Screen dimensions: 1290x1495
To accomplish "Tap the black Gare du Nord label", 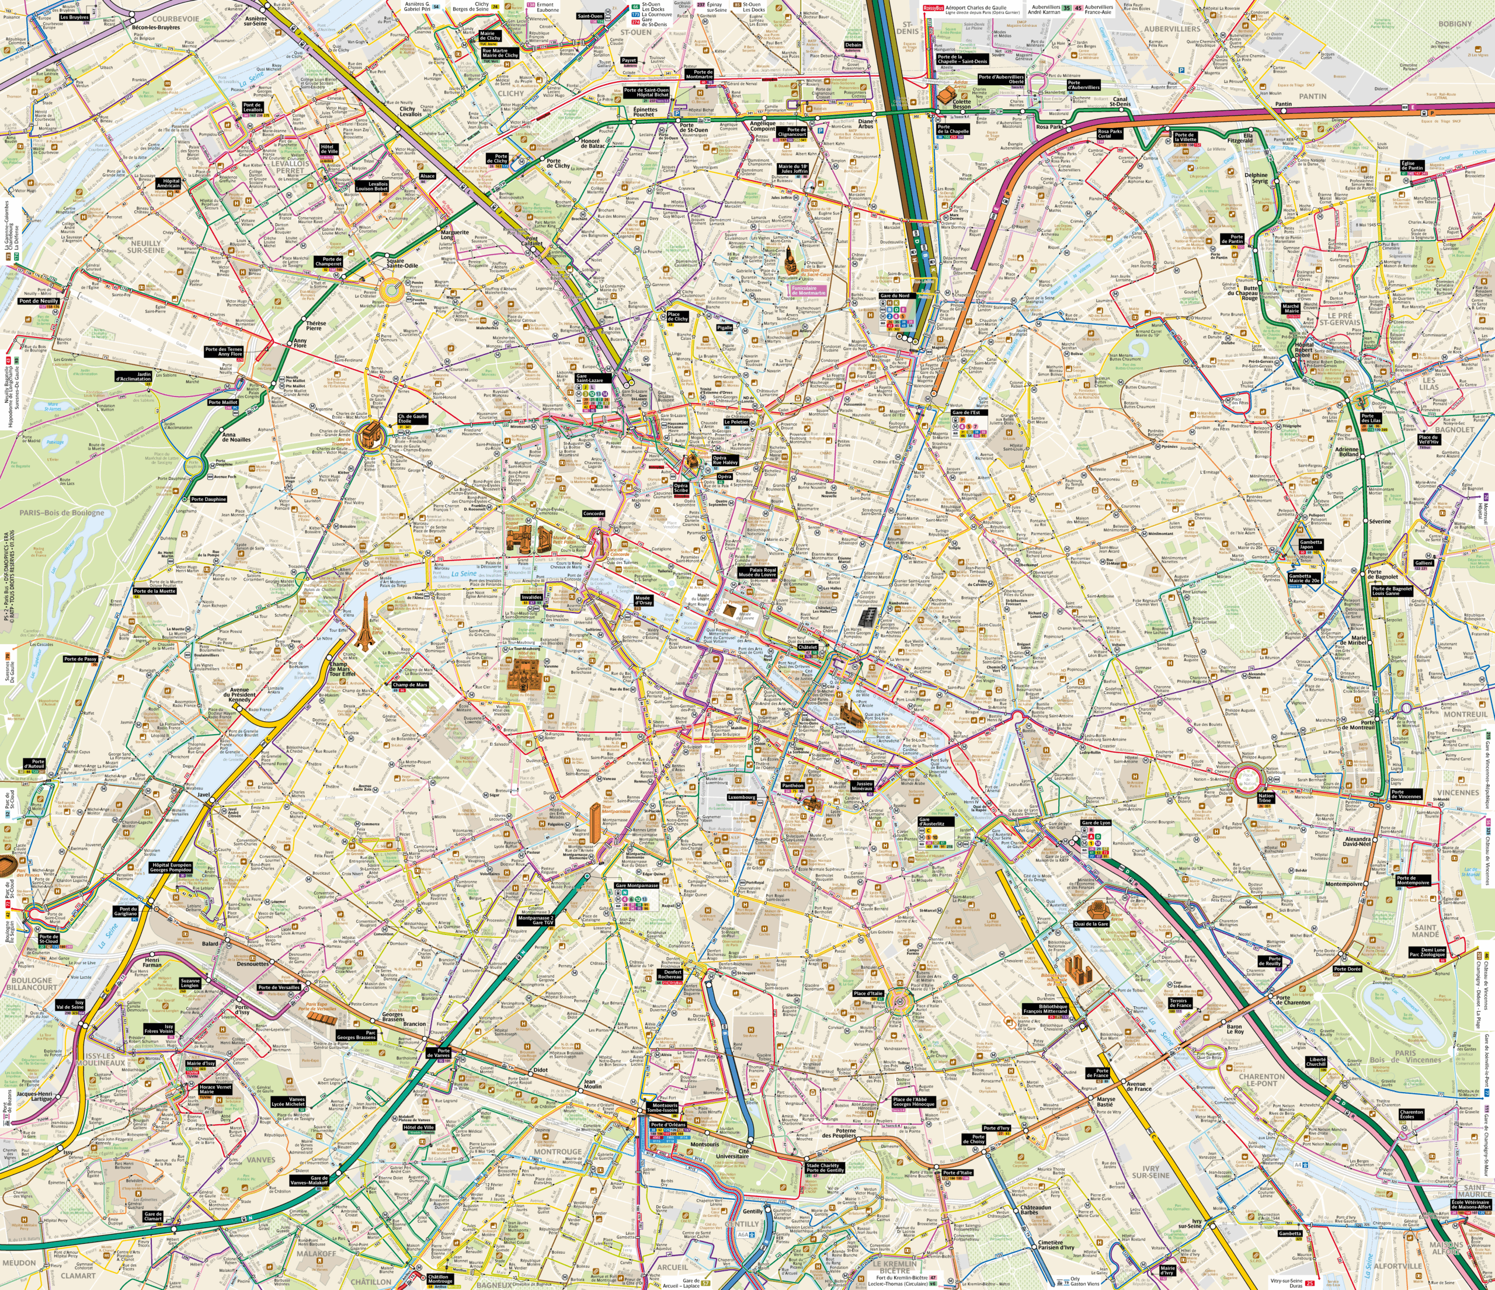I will point(895,296).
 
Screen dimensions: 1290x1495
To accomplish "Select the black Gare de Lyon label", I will point(1096,822).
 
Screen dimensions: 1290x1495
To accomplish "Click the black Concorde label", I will point(594,514).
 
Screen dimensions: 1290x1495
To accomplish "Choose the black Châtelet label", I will point(808,647).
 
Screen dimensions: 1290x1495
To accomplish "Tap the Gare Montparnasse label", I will point(637,885).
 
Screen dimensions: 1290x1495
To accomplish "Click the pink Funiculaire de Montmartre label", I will point(808,291).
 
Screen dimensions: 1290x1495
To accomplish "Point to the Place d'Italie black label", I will point(868,993).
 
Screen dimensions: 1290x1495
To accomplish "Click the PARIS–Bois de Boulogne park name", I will point(62,513).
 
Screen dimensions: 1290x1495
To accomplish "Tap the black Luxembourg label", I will point(742,797).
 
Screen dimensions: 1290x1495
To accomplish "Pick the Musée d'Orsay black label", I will point(644,600).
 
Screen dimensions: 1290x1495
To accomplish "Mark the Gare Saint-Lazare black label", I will point(590,378).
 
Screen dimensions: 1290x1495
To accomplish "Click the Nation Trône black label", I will point(1265,798).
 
